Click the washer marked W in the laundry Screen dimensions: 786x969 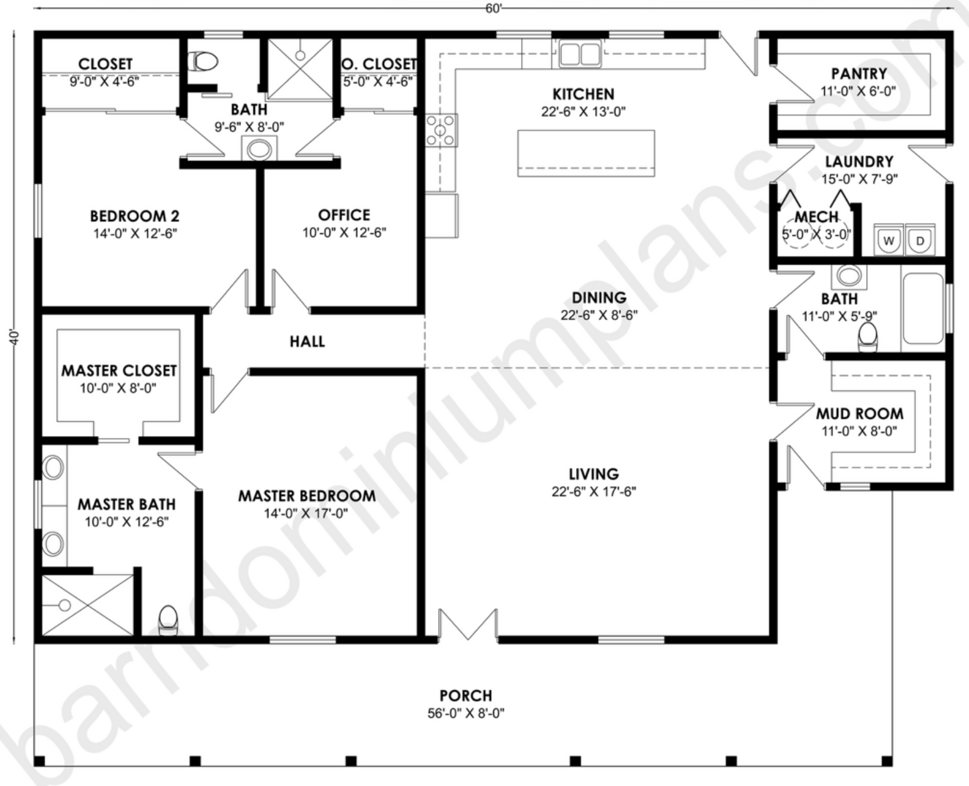tap(889, 241)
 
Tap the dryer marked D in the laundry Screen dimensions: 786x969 tap(920, 241)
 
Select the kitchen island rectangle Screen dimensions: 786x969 tap(585, 153)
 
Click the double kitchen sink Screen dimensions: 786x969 tap(580, 53)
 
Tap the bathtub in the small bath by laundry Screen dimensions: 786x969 tap(923, 308)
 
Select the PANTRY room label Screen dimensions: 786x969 tap(858, 74)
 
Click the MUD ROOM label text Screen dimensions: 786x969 tap(859, 413)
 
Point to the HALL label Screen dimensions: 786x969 tap(307, 341)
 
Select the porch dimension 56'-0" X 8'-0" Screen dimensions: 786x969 tap(465, 714)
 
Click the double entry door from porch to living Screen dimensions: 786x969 tap(467, 625)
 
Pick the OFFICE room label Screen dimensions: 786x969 tap(344, 215)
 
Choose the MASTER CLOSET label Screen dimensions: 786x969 tap(119, 370)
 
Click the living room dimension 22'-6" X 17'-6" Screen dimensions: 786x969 tap(593, 492)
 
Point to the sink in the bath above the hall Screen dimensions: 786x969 tap(258, 149)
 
